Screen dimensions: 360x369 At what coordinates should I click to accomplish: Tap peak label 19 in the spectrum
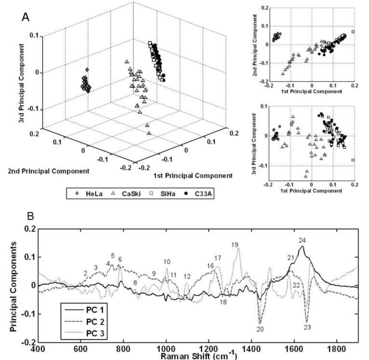click(x=235, y=245)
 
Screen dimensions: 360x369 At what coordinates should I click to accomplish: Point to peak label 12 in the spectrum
click(x=187, y=276)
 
